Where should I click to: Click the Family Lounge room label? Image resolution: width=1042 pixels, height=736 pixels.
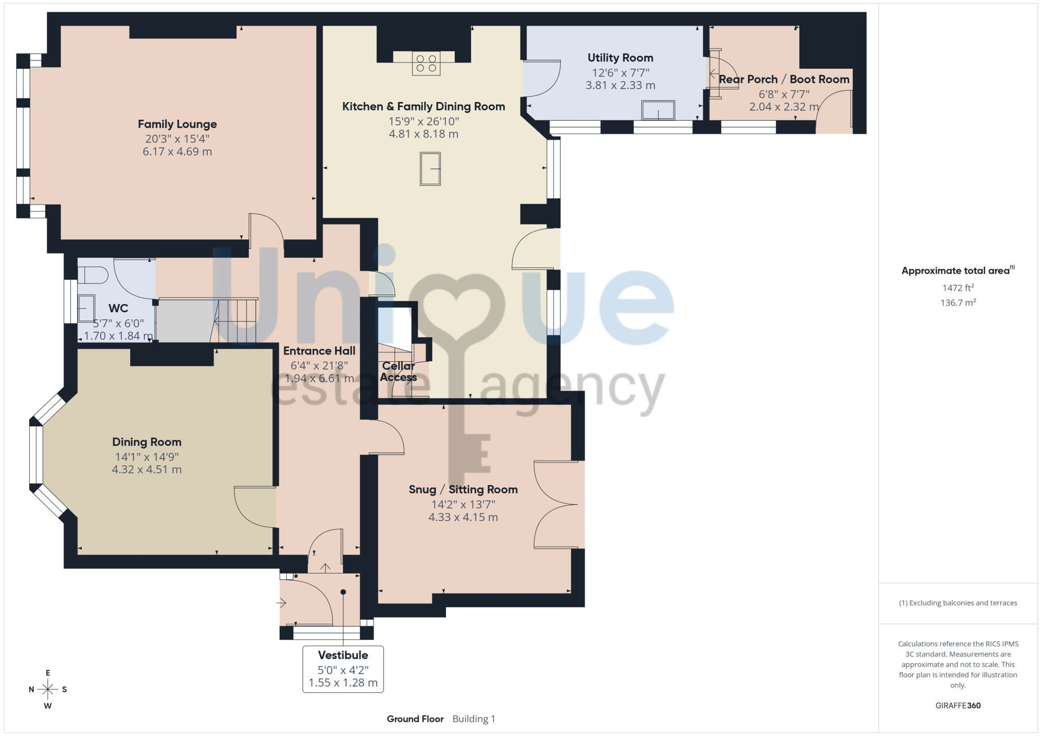click(x=177, y=124)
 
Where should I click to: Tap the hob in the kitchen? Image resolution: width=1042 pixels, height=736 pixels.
click(x=426, y=63)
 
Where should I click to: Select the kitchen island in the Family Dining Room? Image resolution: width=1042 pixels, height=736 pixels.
click(x=430, y=169)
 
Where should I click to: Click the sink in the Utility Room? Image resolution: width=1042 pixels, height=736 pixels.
click(x=659, y=110)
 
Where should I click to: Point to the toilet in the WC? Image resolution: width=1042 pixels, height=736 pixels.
click(x=93, y=275)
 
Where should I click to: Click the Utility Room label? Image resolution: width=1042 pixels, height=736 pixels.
click(x=620, y=58)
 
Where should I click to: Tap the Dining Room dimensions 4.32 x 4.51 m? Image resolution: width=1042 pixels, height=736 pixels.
click(x=147, y=469)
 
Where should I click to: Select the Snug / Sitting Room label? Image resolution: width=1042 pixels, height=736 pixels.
click(x=463, y=489)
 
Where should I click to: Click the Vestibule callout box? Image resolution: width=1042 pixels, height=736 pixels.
click(x=343, y=669)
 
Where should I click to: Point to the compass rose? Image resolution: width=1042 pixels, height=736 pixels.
click(x=48, y=690)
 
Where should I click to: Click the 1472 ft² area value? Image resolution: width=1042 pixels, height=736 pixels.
click(x=958, y=287)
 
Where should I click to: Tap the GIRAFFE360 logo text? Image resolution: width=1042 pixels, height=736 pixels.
click(x=958, y=706)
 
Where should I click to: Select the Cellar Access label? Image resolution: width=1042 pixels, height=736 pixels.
click(x=399, y=372)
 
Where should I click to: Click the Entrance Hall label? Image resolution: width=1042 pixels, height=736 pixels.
click(x=319, y=351)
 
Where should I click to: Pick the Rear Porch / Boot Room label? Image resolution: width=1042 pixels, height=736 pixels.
click(x=784, y=79)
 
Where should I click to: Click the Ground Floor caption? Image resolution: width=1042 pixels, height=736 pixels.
click(x=415, y=719)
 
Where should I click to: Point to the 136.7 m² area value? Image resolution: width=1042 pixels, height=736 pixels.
click(x=958, y=302)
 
